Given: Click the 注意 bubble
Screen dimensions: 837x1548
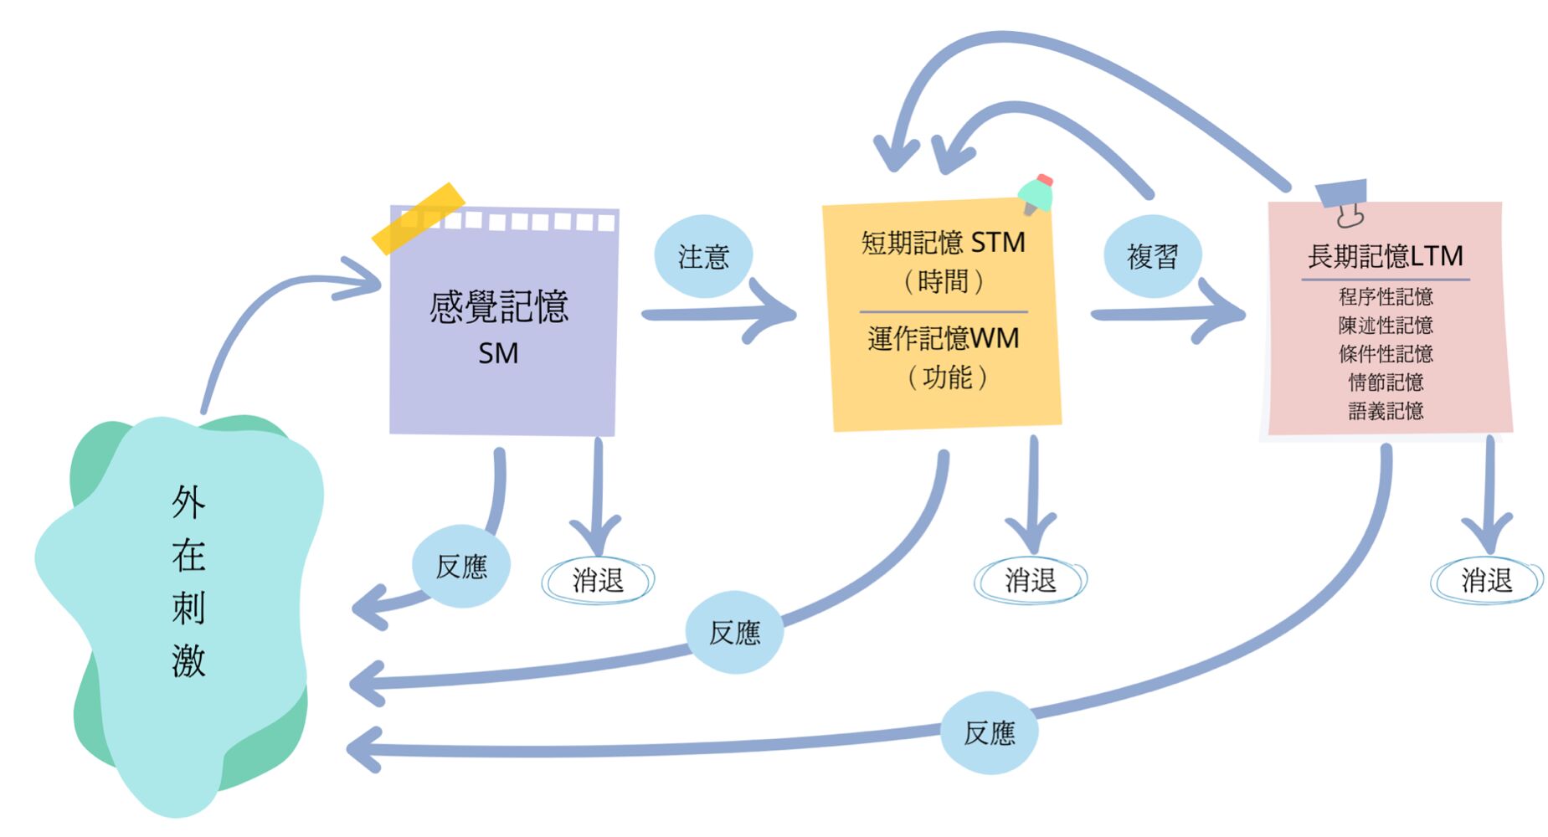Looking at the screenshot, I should pos(703,256).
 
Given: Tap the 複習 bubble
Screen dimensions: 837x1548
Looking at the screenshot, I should pos(1153,256).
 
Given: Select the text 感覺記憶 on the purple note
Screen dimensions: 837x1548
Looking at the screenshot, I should pos(499,307).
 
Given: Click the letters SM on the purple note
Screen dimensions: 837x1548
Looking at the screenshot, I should pos(498,353).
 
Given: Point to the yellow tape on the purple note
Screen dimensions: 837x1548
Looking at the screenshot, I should pos(419,218).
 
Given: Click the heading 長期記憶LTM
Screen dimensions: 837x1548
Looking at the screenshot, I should pos(1386,256).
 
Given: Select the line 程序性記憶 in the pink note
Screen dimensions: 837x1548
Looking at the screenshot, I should pos(1386,296).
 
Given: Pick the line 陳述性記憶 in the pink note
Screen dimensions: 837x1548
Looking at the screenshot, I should pos(1386,325).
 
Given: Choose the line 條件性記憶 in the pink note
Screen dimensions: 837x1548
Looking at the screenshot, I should pos(1386,353).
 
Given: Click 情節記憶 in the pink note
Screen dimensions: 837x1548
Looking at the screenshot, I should pos(1386,383).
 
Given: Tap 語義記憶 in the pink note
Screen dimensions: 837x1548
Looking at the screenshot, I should pos(1386,411).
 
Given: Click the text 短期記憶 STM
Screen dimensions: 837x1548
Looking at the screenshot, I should pos(944,243).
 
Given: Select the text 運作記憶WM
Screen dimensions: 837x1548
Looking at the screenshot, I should pos(944,338).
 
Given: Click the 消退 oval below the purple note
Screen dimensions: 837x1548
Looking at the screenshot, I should pos(598,580).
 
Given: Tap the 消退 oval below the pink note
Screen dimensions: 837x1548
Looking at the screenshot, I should pos(1487,580).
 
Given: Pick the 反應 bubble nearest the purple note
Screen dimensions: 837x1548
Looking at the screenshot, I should pos(461,567).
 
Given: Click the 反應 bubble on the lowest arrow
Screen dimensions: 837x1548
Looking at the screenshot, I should pos(990,733).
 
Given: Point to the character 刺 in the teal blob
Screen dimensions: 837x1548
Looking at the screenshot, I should pos(188,608).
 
